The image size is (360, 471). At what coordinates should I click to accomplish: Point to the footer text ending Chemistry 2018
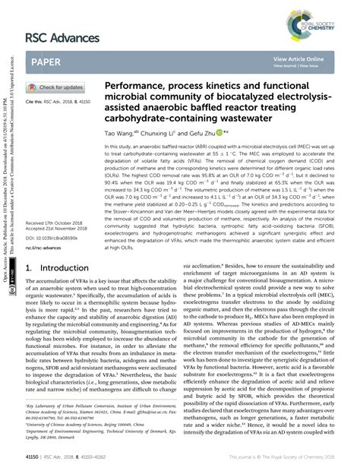[288, 458]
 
